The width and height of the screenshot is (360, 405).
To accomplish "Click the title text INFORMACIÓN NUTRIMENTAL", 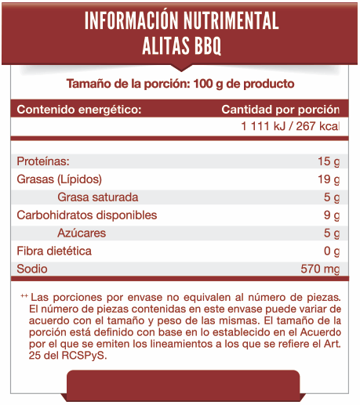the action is pos(181,21).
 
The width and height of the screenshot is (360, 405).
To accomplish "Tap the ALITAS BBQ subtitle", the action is pos(181,46).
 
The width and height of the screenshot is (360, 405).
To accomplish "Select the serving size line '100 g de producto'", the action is pos(180,84).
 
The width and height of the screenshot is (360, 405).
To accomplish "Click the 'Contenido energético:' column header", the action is pos(79,109).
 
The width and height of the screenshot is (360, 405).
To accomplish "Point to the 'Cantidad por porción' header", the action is pos(280,109).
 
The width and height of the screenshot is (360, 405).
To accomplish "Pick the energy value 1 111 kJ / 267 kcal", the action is pos(290,128).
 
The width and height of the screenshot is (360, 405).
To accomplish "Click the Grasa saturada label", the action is pos(98,197).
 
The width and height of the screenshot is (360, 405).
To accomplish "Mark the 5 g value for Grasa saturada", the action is pos(331,197).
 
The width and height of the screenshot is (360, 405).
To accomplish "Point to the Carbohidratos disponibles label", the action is pos(87,215).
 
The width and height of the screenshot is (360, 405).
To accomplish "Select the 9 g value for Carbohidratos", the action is pos(331,215).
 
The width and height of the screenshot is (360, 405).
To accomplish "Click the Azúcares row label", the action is pos(82,233).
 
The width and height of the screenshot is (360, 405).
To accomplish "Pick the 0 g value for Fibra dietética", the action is pos(331,251).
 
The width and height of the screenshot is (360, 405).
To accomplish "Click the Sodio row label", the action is pos(32,269).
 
